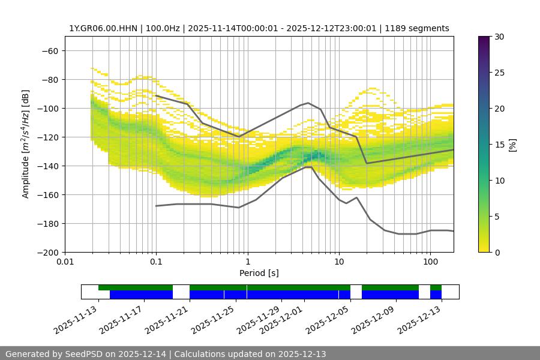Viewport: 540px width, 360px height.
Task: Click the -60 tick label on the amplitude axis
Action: tap(50, 50)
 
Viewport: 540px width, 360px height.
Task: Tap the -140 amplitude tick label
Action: tap(47, 166)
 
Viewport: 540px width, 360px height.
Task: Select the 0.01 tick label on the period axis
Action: tap(65, 262)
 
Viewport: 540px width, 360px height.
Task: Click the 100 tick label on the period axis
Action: tap(430, 262)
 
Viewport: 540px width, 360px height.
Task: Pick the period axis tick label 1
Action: tap(248, 262)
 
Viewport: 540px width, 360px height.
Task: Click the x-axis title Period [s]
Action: tap(259, 273)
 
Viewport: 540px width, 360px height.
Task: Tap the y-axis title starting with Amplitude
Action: tap(26, 144)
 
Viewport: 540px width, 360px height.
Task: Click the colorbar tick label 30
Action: tap(499, 37)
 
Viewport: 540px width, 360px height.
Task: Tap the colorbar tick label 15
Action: tap(499, 145)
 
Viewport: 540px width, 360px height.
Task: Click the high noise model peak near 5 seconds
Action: tap(308, 103)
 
